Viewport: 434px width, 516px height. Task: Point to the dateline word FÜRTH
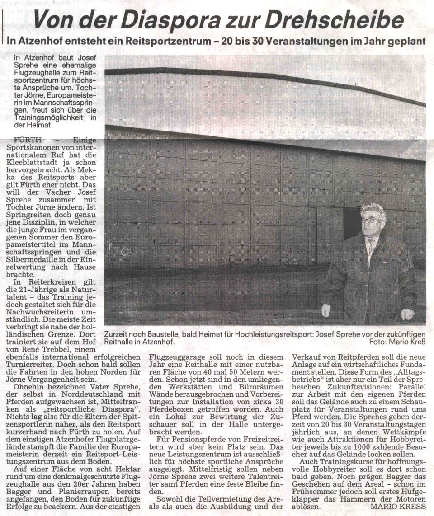[28, 140]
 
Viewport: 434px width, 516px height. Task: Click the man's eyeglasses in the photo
[370, 220]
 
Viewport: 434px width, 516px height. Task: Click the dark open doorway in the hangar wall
[351, 223]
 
